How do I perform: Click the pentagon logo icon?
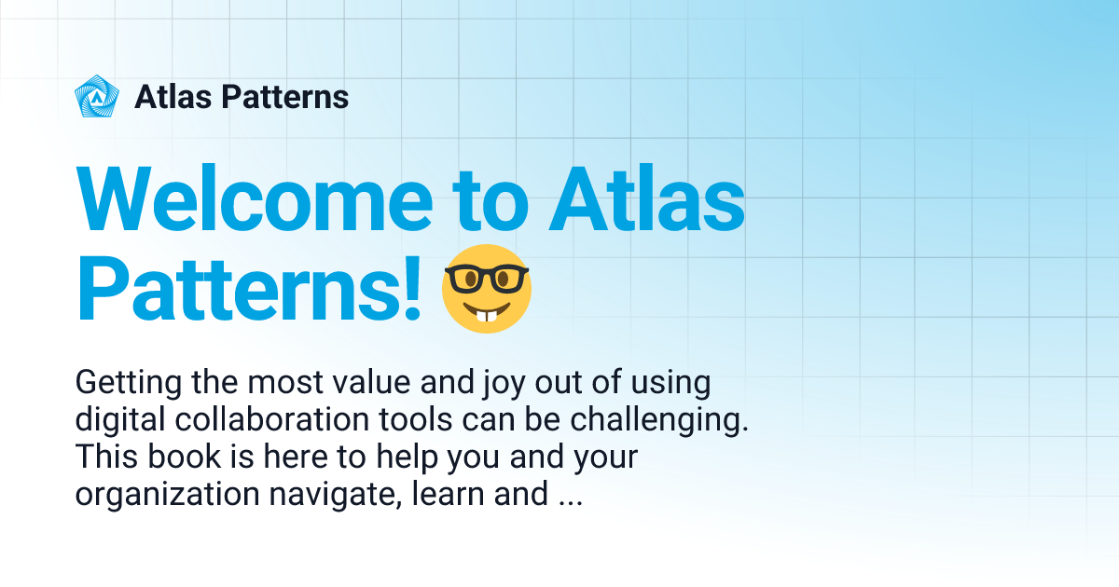click(x=97, y=97)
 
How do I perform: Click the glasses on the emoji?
click(x=486, y=277)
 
